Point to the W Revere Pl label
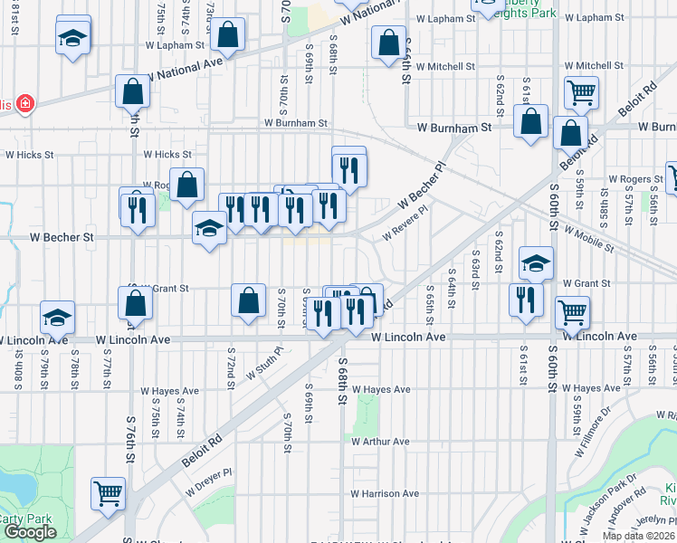(x=405, y=223)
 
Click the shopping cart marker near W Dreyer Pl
(x=108, y=494)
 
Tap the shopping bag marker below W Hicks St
(x=187, y=185)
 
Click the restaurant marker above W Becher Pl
(x=348, y=166)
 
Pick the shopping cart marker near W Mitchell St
(x=580, y=91)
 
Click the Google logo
(x=30, y=532)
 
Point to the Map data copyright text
(x=638, y=536)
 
